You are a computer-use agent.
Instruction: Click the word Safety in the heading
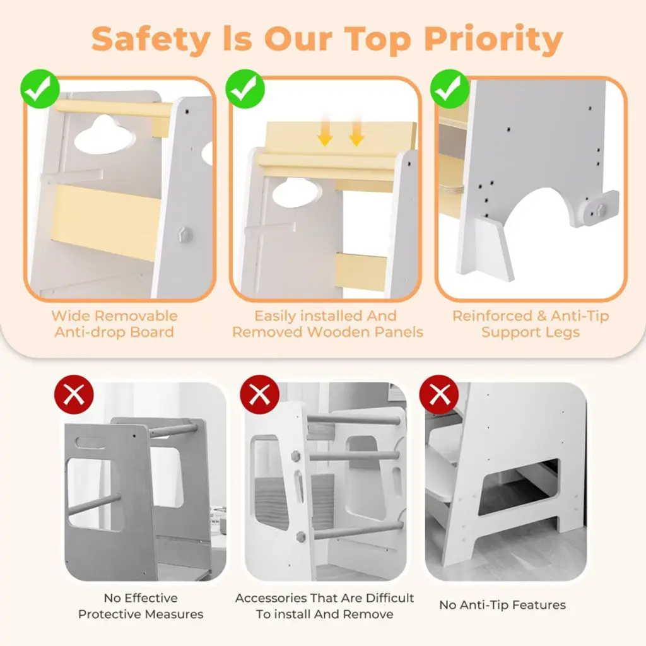tap(151, 40)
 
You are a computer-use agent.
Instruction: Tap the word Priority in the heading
tap(493, 40)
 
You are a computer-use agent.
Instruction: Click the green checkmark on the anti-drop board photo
tap(40, 89)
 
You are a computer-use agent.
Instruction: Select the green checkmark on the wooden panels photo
tap(245, 89)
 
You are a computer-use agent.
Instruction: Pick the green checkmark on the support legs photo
tap(450, 89)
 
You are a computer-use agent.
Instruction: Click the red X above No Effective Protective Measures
tap(74, 394)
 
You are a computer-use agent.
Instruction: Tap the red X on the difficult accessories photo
tap(259, 394)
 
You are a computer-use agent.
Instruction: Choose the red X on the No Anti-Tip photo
tap(439, 394)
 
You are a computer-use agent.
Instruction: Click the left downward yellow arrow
tap(326, 131)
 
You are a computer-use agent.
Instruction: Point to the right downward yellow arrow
tap(356, 131)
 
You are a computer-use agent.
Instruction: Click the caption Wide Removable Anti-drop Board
tap(115, 324)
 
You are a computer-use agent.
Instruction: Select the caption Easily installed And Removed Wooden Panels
tap(327, 324)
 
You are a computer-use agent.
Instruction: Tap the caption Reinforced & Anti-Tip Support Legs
tap(531, 324)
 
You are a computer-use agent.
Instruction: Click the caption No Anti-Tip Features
tap(503, 605)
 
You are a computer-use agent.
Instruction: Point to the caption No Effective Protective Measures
tap(141, 606)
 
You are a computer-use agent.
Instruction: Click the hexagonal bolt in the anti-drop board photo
tap(185, 235)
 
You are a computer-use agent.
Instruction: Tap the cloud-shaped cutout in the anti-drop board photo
tap(105, 133)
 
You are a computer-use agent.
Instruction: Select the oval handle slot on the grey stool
tap(90, 443)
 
